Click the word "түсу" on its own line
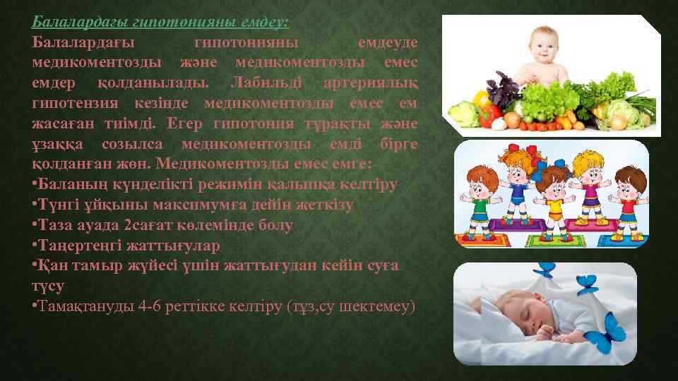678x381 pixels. point(48,286)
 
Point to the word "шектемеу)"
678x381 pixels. point(381,308)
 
